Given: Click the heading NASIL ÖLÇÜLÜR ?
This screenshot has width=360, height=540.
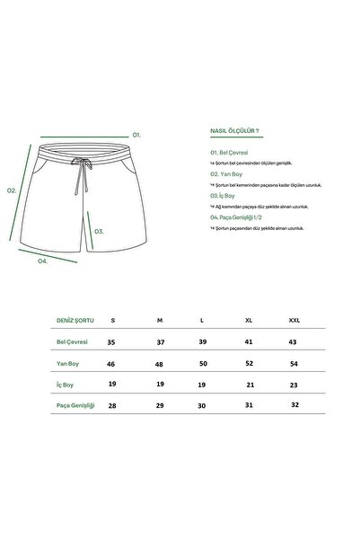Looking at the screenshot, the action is (234, 129).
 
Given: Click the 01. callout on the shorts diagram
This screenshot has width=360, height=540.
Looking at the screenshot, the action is (137, 134).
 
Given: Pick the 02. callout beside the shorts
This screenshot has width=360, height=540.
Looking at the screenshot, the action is (12, 190).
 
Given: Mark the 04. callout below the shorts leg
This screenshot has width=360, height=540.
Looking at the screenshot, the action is (42, 261).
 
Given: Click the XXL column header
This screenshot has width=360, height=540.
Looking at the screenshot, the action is (294, 320).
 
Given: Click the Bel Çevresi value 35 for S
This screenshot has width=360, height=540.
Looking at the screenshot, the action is (112, 342).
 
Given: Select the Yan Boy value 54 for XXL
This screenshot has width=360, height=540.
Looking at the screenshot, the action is (294, 363).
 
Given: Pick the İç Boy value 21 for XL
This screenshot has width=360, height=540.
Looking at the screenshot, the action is (249, 385).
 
